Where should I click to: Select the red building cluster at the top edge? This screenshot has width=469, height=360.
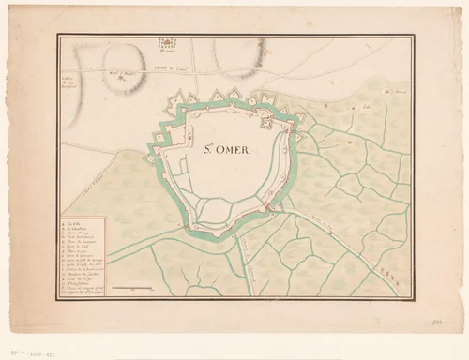[x=167, y=42]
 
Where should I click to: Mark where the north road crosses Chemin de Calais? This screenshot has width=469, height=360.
[x=191, y=67]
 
